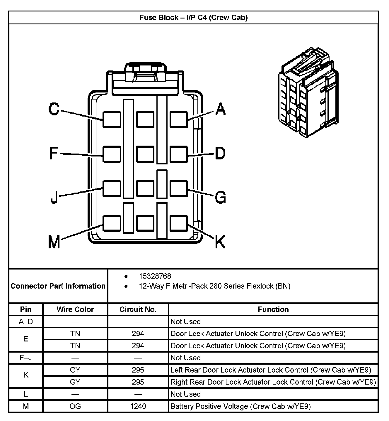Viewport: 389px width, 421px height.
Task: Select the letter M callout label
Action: [x=54, y=242]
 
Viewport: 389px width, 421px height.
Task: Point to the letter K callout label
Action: [x=220, y=242]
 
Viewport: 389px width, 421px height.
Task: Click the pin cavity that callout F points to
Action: [x=112, y=154]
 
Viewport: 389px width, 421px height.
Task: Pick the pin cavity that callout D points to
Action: [x=179, y=154]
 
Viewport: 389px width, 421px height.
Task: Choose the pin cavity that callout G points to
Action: [x=179, y=188]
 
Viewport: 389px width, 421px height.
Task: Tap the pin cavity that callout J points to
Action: [x=112, y=188]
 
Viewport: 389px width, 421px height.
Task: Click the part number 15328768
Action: [x=155, y=276]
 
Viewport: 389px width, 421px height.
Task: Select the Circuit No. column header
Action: [x=138, y=309]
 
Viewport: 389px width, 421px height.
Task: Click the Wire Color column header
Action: [x=75, y=309]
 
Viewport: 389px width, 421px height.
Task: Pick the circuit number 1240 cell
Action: [x=138, y=406]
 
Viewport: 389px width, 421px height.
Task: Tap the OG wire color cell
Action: [x=75, y=406]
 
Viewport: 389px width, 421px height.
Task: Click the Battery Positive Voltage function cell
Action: [x=240, y=406]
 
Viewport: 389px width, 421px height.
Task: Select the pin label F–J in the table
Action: [x=26, y=358]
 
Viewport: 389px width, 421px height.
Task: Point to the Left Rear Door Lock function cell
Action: [x=271, y=370]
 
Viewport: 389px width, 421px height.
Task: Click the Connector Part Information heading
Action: [x=58, y=286]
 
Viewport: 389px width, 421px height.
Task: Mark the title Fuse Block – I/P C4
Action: [x=193, y=17]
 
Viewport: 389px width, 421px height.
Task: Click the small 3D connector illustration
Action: [x=308, y=94]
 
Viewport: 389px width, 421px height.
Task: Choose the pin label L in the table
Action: [x=26, y=394]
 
